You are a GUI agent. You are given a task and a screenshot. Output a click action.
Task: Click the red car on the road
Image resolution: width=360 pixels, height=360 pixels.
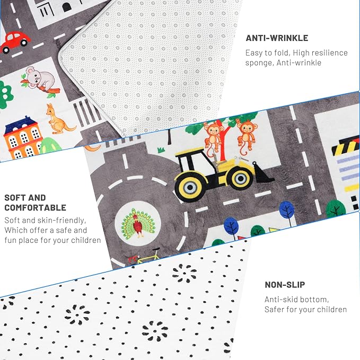[x=15, y=42]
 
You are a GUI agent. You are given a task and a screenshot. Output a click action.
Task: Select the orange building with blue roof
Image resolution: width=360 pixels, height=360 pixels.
[x=23, y=138]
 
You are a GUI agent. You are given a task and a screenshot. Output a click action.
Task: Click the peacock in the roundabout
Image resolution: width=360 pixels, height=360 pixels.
[x=138, y=223]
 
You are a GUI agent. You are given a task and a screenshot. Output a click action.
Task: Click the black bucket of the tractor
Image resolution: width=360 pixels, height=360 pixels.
[x=262, y=173]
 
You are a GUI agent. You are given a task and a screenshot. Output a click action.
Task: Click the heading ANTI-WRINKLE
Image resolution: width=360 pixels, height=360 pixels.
[x=277, y=38]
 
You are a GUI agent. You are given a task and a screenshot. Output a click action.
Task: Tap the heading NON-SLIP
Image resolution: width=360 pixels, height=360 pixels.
[x=285, y=285]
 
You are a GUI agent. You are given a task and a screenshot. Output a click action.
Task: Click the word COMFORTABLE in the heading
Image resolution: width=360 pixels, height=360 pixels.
[x=36, y=207]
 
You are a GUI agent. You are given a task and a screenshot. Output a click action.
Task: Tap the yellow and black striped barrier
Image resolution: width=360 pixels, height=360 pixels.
[x=346, y=145]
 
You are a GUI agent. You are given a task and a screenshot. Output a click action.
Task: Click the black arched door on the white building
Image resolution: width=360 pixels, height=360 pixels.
[x=67, y=7]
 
